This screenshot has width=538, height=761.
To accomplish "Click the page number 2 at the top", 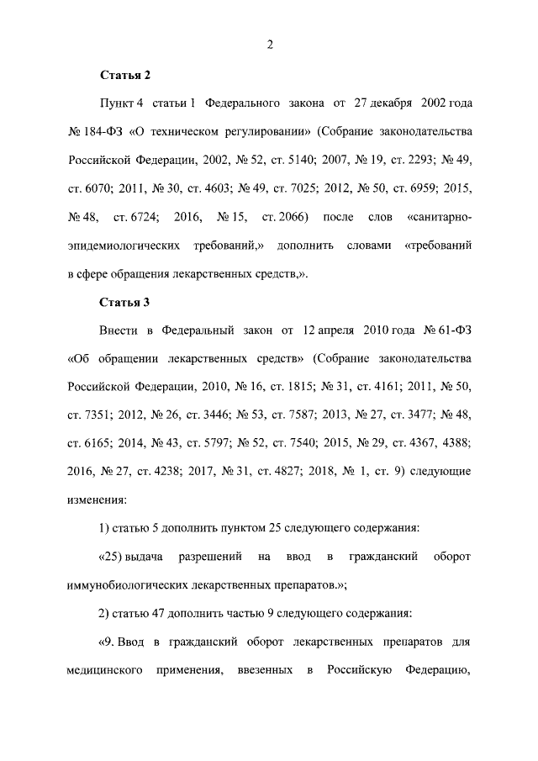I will tap(269, 45).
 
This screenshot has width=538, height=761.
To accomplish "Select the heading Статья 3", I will tap(125, 302).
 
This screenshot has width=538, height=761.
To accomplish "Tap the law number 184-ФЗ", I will tap(103, 132).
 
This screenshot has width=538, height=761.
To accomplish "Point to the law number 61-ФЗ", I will tap(451, 330).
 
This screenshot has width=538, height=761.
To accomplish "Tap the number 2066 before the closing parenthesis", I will tap(288, 218).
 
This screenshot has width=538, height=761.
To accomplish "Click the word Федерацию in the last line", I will tap(437, 671).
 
